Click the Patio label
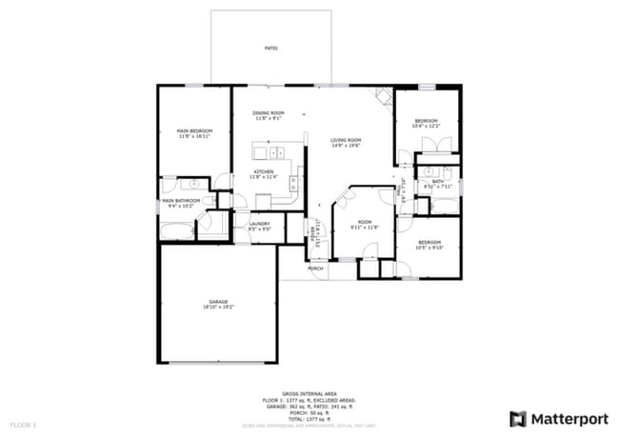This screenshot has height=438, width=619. (271, 47)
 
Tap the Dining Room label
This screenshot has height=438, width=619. (269, 113)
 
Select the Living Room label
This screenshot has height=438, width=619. (346, 140)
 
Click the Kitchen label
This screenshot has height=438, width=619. (263, 172)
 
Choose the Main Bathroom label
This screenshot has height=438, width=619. (181, 201)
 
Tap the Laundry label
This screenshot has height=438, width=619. (259, 225)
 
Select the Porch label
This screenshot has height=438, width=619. (316, 269)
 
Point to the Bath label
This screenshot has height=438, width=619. (438, 181)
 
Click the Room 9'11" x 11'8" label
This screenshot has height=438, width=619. (365, 224)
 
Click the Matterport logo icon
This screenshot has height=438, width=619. (518, 418)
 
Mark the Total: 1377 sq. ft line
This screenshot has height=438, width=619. (309, 419)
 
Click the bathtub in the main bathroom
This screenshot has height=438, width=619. (177, 231)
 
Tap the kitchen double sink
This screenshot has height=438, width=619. (277, 152)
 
